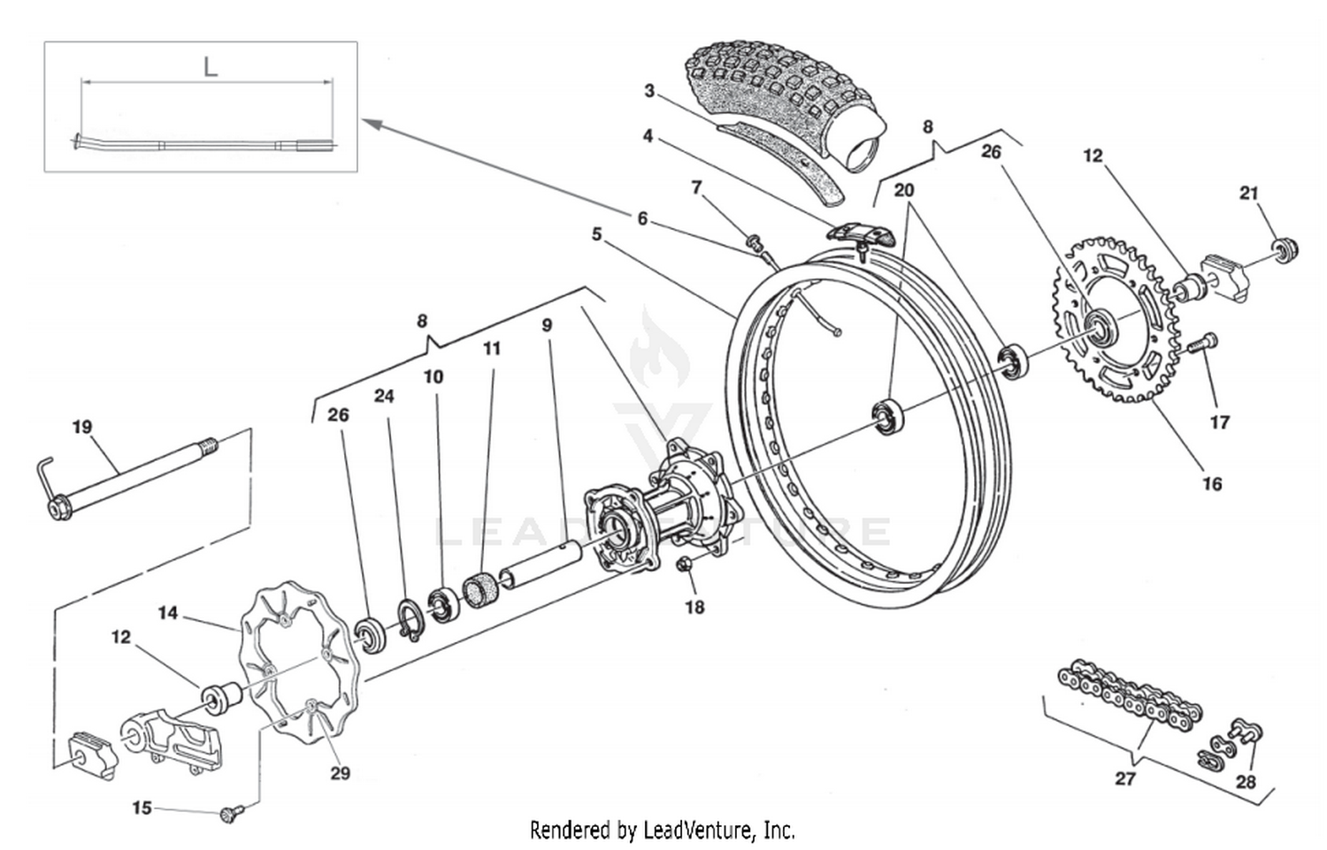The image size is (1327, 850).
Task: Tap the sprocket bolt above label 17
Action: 1205,343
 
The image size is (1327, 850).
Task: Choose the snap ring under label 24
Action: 410,618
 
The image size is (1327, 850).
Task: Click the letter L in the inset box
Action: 210,66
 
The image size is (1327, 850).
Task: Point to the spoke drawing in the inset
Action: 203,143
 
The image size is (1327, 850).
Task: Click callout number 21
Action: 1248,193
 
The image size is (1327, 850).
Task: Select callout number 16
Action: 1211,484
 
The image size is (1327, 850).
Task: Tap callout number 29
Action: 340,773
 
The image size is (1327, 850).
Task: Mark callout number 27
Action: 1124,778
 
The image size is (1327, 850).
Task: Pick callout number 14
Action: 168,612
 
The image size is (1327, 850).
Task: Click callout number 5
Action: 597,234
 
